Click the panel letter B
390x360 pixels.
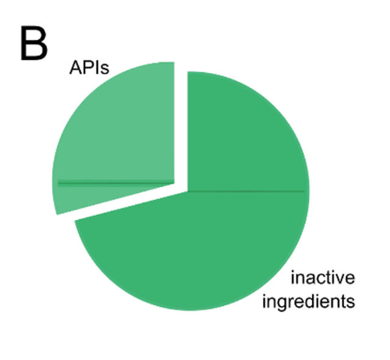point(34,43)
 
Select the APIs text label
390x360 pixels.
point(89,68)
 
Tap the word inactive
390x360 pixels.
point(322,277)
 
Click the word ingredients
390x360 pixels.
point(308,302)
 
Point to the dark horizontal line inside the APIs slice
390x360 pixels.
point(116,183)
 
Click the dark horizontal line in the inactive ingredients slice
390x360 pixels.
point(246,191)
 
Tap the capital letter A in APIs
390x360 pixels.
point(75,68)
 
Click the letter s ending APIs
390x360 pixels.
point(105,70)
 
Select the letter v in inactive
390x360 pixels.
point(340,279)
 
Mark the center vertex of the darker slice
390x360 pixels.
point(188,191)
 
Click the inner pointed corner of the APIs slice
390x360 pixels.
point(175,183)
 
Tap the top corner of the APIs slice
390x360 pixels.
point(174,62)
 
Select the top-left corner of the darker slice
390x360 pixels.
point(188,71)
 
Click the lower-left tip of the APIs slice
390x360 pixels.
point(57,215)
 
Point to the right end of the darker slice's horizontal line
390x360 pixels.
point(304,191)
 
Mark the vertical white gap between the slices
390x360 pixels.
point(181,128)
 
